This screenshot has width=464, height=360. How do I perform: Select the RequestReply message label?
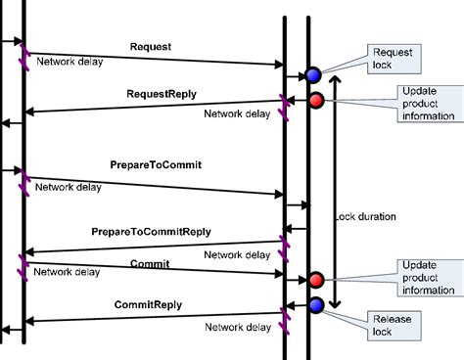161,95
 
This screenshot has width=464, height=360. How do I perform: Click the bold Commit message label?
150,264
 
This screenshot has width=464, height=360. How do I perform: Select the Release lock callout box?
385,324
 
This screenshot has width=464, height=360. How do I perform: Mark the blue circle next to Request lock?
313,75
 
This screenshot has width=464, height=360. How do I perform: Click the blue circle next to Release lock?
316,305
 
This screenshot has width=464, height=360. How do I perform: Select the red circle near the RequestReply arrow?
317,100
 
